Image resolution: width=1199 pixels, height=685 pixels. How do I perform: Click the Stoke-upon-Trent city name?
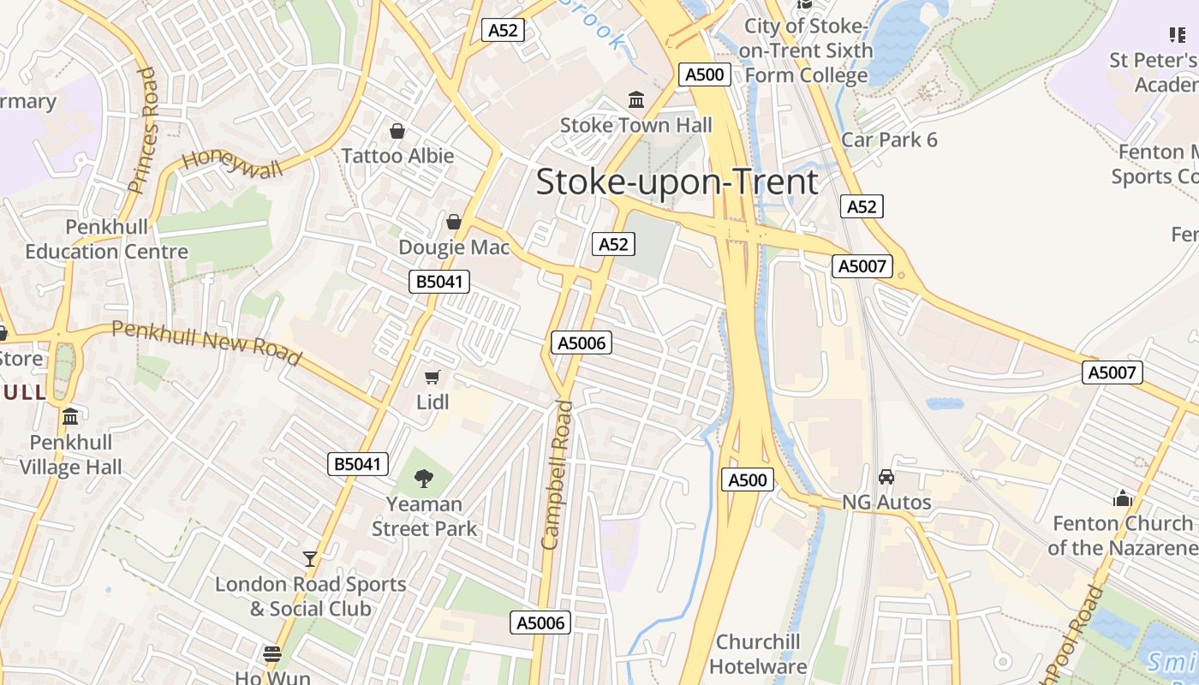677,182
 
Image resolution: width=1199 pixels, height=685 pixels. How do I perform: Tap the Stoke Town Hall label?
635,125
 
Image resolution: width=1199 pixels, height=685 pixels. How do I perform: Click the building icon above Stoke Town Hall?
636,101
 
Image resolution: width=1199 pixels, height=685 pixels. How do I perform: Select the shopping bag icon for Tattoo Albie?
397,131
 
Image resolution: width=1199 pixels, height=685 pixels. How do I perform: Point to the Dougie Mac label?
454,247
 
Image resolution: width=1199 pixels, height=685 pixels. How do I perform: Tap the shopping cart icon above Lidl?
432,377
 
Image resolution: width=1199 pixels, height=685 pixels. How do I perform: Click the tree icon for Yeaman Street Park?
424,479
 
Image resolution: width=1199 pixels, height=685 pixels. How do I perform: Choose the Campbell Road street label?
557,474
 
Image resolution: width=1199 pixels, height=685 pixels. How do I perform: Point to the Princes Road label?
144,130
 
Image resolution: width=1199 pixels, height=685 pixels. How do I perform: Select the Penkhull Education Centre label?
106,240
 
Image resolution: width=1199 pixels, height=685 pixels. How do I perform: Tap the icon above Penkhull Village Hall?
70,417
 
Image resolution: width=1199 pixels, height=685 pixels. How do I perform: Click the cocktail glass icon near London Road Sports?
310,559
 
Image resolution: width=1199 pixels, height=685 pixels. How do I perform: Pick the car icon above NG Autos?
886,477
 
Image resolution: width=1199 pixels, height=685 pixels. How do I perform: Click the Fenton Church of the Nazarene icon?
1123,498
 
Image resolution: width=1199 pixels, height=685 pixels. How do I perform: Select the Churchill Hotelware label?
758,654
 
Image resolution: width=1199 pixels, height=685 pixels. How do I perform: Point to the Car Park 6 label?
889,140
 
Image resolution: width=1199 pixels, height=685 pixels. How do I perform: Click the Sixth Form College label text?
806,51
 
